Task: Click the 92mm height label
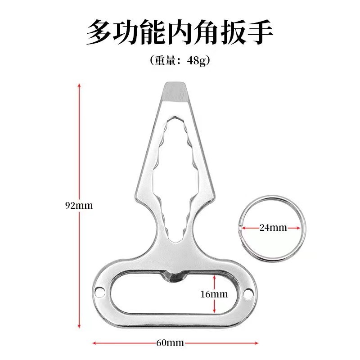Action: coord(79,206)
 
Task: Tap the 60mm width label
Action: coord(170,343)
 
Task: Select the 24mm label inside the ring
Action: coord(273,228)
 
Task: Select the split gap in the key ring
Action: coord(239,228)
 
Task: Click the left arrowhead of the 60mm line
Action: coord(94,343)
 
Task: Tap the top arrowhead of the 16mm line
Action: coord(215,276)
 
